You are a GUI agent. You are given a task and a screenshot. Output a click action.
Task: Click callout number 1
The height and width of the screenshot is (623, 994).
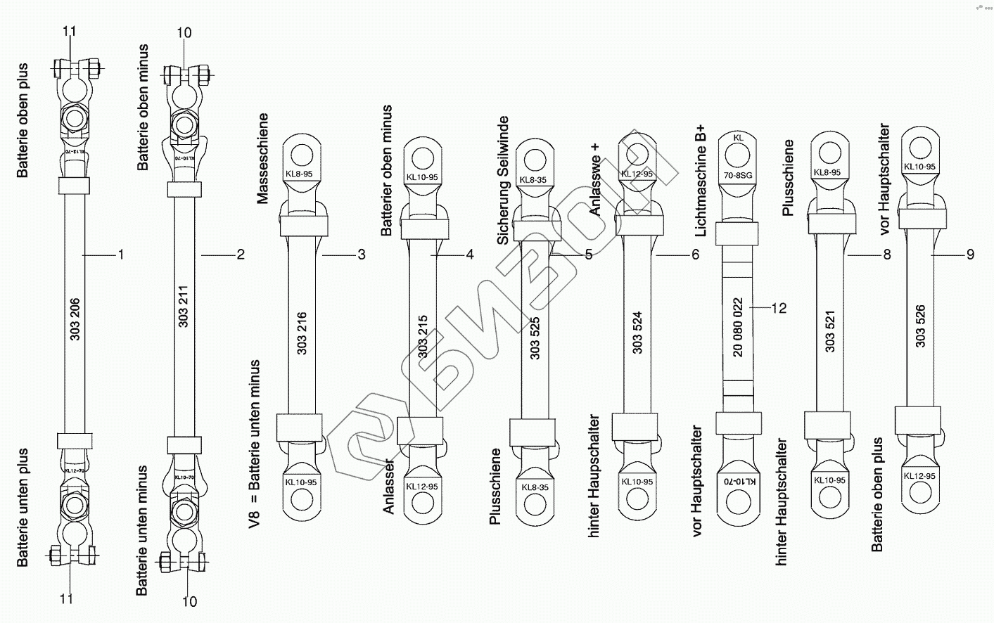click(x=120, y=255)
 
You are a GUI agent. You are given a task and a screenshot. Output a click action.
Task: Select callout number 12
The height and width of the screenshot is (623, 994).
click(x=778, y=308)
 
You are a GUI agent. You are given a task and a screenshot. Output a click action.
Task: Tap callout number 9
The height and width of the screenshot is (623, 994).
click(x=970, y=255)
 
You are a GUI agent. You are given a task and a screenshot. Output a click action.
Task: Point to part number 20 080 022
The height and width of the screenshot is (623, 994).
click(x=738, y=327)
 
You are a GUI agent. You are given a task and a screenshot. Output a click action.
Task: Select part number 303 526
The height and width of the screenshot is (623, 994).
click(x=921, y=326)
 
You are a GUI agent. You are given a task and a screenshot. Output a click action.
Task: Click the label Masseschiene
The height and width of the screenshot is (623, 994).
click(x=263, y=158)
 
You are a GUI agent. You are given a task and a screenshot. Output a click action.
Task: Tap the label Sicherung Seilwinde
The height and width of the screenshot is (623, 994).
click(x=503, y=181)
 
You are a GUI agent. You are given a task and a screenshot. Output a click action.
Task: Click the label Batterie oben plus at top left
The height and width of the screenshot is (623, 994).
click(x=23, y=120)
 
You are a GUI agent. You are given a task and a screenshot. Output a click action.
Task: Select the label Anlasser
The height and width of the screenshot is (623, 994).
click(x=389, y=489)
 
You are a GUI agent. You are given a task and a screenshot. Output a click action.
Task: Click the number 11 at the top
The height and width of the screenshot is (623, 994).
click(x=68, y=32)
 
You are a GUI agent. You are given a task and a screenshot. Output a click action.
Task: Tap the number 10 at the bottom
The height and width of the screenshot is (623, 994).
click(x=189, y=601)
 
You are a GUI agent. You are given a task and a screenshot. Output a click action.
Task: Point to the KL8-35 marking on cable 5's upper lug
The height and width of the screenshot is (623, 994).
click(x=533, y=180)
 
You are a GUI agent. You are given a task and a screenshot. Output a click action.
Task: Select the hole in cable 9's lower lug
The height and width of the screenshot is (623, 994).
click(x=919, y=498)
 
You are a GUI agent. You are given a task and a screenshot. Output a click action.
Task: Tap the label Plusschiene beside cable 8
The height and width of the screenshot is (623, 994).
click(x=787, y=178)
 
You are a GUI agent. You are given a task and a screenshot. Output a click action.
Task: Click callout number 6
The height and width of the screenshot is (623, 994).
click(x=695, y=255)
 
